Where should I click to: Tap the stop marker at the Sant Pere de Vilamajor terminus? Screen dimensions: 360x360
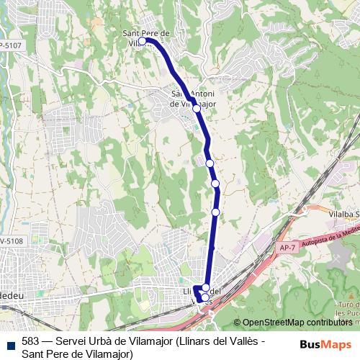[x=143, y=41]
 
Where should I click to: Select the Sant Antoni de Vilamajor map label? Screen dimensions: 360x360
[x=192, y=99]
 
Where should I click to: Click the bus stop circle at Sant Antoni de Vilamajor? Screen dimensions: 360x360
[x=196, y=108]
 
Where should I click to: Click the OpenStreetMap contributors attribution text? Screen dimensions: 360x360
[x=297, y=323]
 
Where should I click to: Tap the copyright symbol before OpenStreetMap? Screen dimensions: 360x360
[x=238, y=323]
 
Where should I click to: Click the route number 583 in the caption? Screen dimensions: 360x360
[x=31, y=341]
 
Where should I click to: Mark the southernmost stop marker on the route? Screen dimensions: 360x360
[x=204, y=297]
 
